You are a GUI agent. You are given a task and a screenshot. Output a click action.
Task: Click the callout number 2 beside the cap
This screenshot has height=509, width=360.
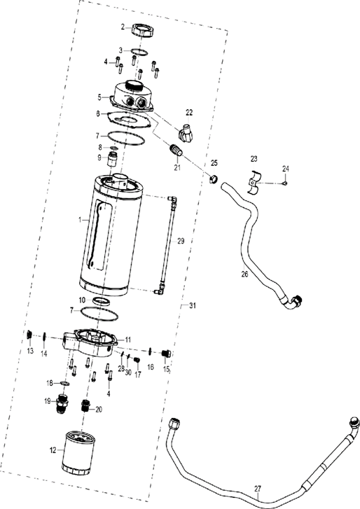(123, 27)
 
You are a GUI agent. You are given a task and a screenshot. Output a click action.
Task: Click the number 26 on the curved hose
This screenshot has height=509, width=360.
(244, 274)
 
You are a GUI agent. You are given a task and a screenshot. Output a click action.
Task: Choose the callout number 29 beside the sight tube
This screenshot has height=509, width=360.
(180, 241)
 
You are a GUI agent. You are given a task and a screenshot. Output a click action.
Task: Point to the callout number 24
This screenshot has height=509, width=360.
(285, 168)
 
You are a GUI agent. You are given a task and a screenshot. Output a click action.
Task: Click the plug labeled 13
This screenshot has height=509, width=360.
(30, 336)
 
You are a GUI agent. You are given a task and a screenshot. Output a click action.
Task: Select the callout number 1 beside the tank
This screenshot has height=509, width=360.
(81, 219)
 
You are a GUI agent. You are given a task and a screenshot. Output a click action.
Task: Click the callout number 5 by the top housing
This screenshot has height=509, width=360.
(99, 97)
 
